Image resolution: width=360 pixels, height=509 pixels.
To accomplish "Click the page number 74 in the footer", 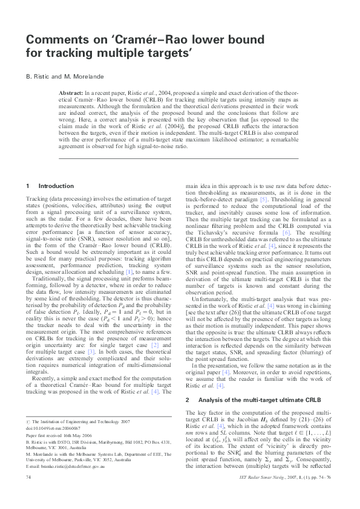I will click(x=28, y=494).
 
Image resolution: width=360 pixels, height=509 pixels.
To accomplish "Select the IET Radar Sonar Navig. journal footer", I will click(x=284, y=494).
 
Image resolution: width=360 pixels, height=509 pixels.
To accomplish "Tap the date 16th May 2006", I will click(x=77, y=433).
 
